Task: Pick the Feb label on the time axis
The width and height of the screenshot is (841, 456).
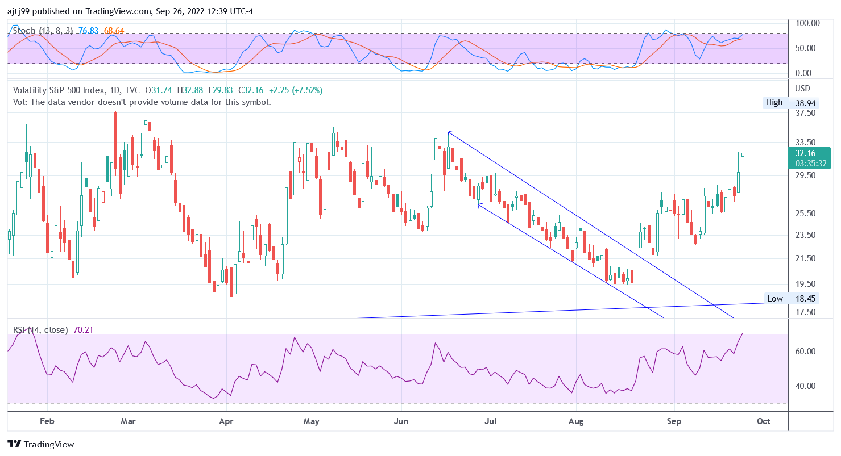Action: click(47, 421)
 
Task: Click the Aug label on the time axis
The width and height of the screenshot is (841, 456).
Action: click(577, 421)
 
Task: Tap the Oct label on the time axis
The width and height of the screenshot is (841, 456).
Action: click(764, 421)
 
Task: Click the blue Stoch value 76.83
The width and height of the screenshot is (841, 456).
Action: click(89, 31)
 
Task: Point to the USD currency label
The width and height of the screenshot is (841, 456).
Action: click(802, 89)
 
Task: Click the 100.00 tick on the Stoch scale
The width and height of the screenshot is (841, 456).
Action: click(807, 23)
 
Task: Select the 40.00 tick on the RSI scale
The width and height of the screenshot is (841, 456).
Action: click(806, 386)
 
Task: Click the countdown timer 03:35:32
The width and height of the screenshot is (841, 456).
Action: click(806, 163)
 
